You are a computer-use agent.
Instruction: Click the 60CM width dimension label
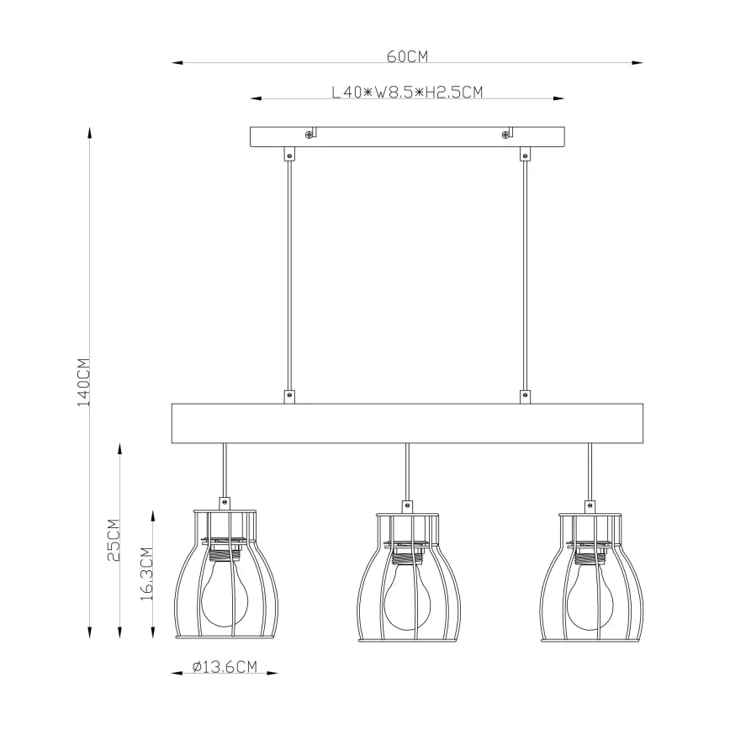pos(407,57)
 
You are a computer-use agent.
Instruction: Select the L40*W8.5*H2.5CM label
pos(407,93)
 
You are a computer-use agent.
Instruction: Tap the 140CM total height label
pos(83,383)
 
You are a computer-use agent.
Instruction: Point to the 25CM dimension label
pos(114,539)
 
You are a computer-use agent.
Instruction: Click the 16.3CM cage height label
pos(145,574)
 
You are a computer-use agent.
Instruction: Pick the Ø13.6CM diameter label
pos(224,667)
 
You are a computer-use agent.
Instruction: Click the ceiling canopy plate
pos(407,137)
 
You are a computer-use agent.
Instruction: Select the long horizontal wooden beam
pos(407,423)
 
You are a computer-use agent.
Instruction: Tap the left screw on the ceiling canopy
pos(309,134)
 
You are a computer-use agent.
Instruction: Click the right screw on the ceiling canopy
pos(505,134)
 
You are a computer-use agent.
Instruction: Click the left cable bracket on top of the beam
pos(289,395)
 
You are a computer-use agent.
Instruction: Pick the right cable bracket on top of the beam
pos(526,395)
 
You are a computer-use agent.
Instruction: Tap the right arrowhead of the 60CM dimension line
pos(638,62)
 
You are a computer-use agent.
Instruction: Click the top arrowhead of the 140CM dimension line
pos(89,132)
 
